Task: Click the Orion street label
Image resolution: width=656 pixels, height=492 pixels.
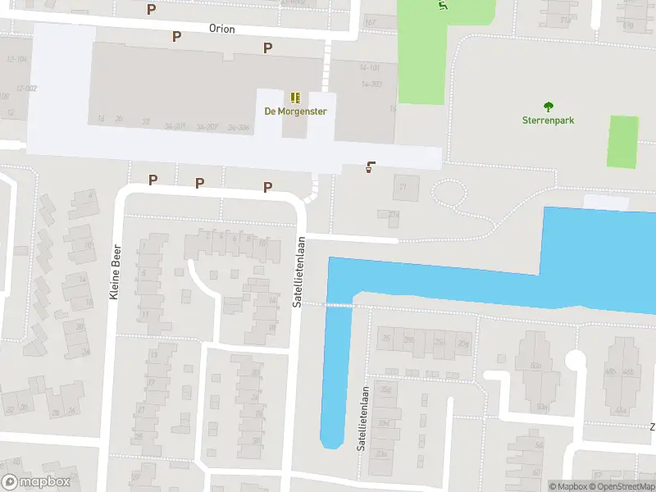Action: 221,30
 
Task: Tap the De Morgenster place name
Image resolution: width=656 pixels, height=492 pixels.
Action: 295,112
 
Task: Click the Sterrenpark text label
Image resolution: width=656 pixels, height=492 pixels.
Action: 548,120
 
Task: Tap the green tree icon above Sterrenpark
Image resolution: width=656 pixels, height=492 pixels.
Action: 548,106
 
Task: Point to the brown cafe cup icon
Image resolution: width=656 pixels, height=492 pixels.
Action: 371,168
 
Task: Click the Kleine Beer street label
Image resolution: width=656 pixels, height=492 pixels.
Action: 116,271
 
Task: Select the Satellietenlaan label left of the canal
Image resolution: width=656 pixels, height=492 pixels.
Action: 300,271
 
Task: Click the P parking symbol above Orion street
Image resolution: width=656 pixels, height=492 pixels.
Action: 151,9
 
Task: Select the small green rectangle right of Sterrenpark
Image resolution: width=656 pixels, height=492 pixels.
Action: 622,142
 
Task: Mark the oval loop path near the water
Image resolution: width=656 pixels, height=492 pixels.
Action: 449,194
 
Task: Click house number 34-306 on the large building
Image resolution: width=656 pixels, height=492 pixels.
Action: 239,128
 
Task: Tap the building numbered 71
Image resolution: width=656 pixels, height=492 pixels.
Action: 403,187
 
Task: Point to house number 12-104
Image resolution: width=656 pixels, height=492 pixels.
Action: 16,59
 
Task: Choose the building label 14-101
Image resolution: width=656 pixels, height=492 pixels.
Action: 370,68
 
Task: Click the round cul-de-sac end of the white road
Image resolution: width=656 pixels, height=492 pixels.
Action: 576,358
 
